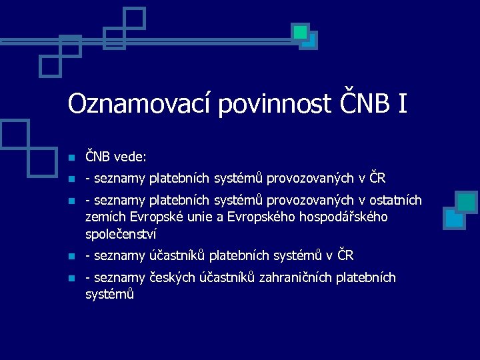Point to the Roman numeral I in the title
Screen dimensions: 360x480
[x=402, y=103]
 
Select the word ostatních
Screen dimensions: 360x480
[x=398, y=200]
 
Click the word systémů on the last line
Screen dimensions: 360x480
[x=110, y=294]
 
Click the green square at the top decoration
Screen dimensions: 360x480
[x=300, y=31]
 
